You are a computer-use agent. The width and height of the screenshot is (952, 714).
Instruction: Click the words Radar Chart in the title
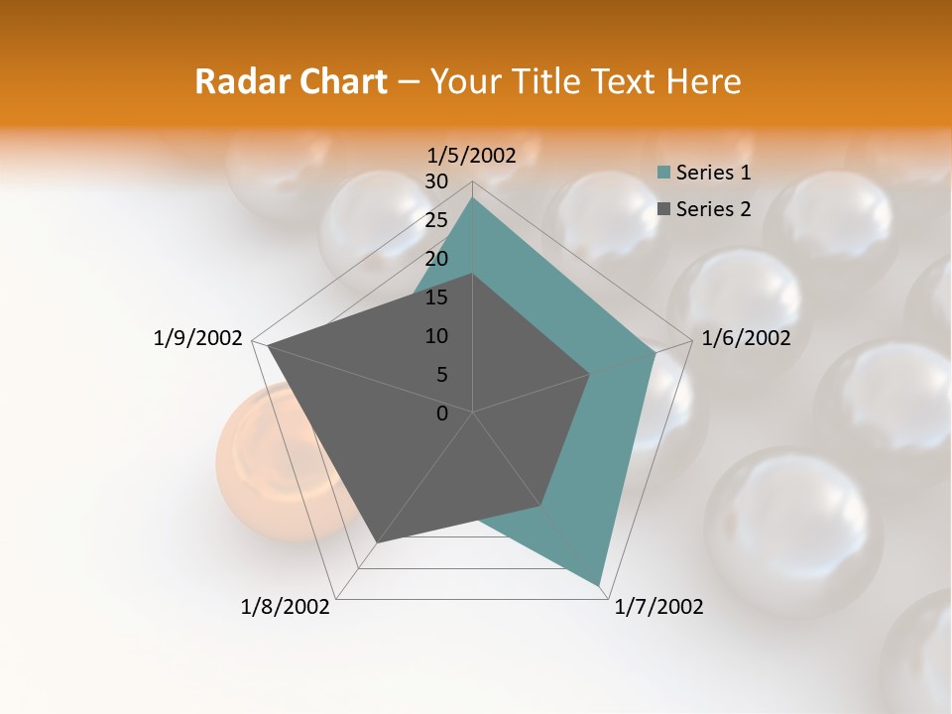pyautogui.click(x=290, y=81)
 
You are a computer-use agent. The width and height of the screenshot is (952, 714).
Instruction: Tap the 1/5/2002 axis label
pyautogui.click(x=472, y=155)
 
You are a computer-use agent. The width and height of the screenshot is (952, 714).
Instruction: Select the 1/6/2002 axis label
pyautogui.click(x=746, y=338)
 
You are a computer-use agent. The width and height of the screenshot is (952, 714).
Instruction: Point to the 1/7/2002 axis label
pyautogui.click(x=658, y=607)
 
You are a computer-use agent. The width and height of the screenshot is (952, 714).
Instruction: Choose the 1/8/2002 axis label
pyautogui.click(x=286, y=607)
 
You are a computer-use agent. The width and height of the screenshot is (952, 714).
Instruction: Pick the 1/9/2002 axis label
pyautogui.click(x=197, y=338)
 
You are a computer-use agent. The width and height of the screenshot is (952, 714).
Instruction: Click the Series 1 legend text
pyautogui.click(x=713, y=173)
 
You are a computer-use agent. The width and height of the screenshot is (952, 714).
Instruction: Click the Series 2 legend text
pyautogui.click(x=713, y=208)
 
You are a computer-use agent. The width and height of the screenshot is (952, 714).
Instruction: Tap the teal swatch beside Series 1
pyautogui.click(x=663, y=173)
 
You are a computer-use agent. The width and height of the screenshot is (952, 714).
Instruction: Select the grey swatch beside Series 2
pyautogui.click(x=663, y=208)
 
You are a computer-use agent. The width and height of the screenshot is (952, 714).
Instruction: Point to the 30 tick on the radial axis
pyautogui.click(x=436, y=181)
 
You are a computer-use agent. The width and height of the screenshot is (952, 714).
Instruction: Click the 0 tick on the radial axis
pyautogui.click(x=442, y=414)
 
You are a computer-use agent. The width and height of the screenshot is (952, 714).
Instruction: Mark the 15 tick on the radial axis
pyautogui.click(x=436, y=297)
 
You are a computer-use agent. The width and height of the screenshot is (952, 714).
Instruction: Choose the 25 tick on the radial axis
pyautogui.click(x=436, y=220)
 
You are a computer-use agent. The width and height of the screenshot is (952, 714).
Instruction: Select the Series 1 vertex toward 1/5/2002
pyautogui.click(x=473, y=197)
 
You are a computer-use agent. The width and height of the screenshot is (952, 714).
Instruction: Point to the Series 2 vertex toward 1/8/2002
pyautogui.click(x=377, y=543)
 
